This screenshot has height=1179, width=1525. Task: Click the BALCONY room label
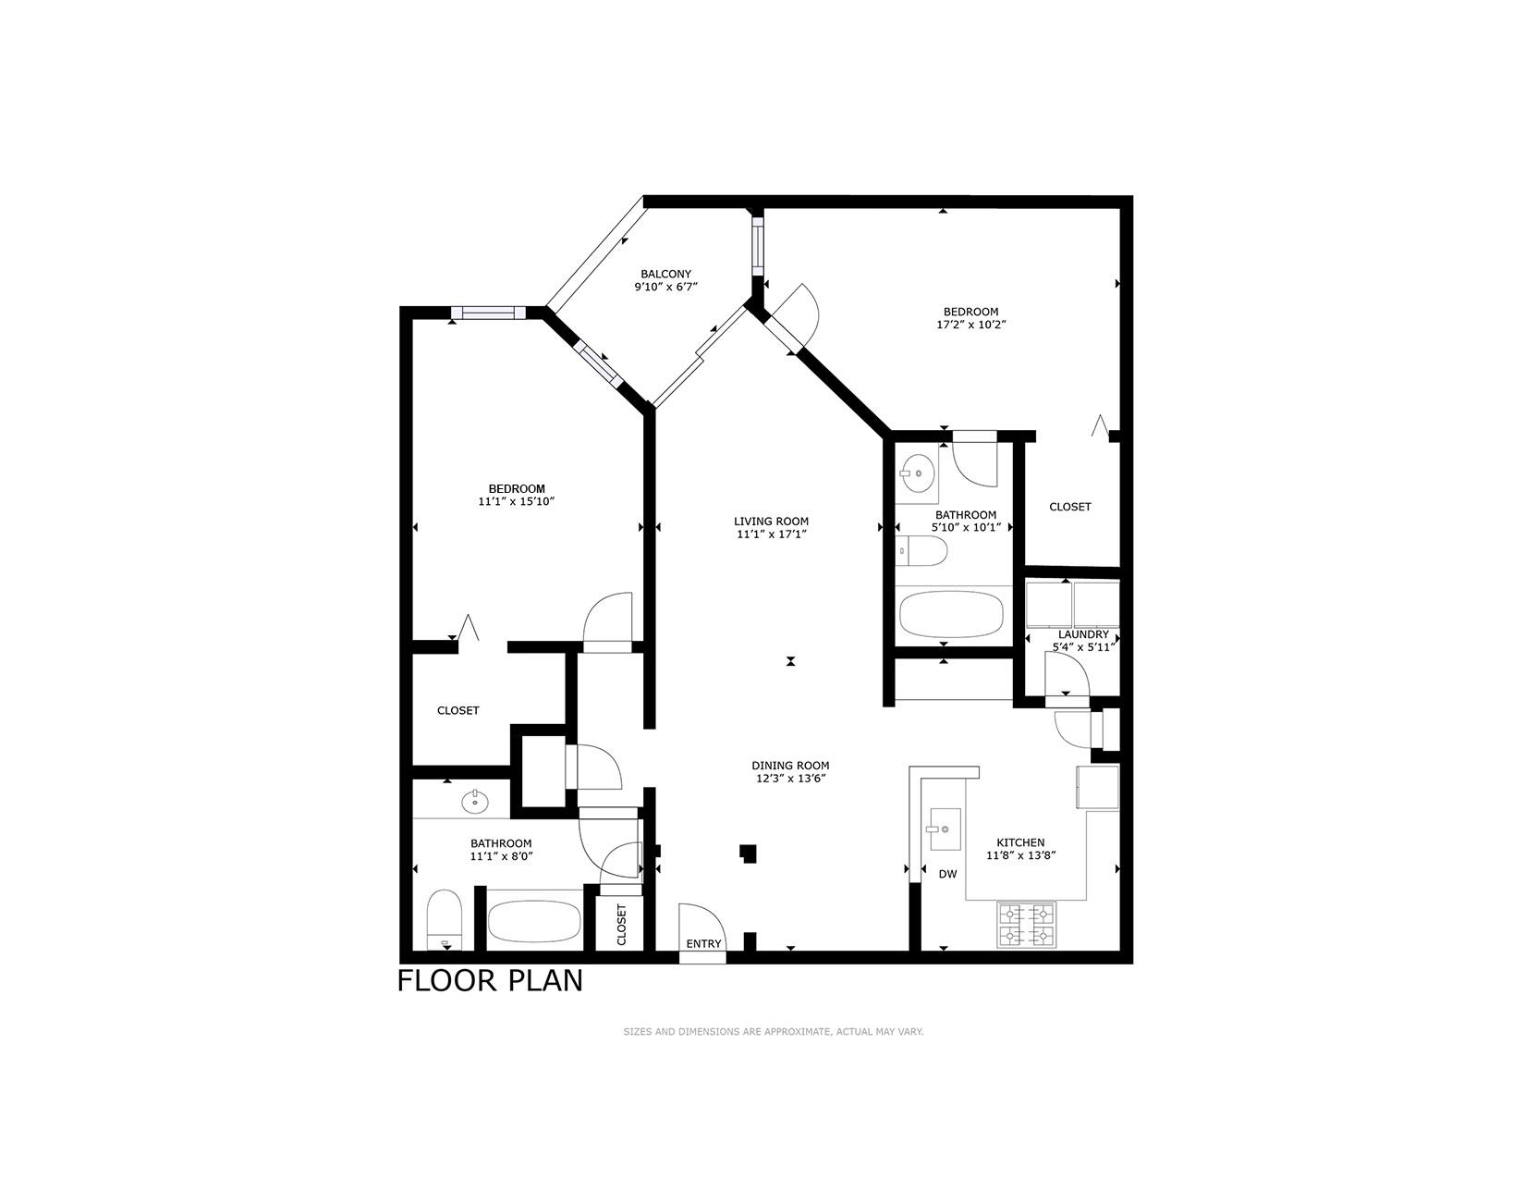[665, 274]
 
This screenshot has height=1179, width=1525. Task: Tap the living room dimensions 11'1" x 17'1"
[771, 534]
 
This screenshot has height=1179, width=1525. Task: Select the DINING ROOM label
[790, 766]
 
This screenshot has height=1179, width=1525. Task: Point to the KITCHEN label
[1020, 842]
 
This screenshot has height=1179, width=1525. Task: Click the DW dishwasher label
[947, 874]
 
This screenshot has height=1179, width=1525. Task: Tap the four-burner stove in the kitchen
[1026, 924]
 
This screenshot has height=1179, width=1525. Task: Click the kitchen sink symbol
[945, 829]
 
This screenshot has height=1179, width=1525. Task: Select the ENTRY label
[703, 944]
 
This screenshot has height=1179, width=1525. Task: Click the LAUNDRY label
[1083, 634]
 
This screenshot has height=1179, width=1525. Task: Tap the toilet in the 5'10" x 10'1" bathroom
[922, 550]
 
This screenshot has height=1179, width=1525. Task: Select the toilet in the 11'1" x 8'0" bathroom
[445, 920]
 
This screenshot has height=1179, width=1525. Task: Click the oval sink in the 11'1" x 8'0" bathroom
[475, 801]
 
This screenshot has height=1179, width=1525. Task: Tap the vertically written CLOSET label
[621, 925]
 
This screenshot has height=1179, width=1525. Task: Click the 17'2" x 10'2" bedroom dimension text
[970, 325]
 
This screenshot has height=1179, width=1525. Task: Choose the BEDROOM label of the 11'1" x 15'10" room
[517, 489]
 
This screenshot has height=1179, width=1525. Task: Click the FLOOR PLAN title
[490, 981]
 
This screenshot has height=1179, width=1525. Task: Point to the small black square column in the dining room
[748, 854]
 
